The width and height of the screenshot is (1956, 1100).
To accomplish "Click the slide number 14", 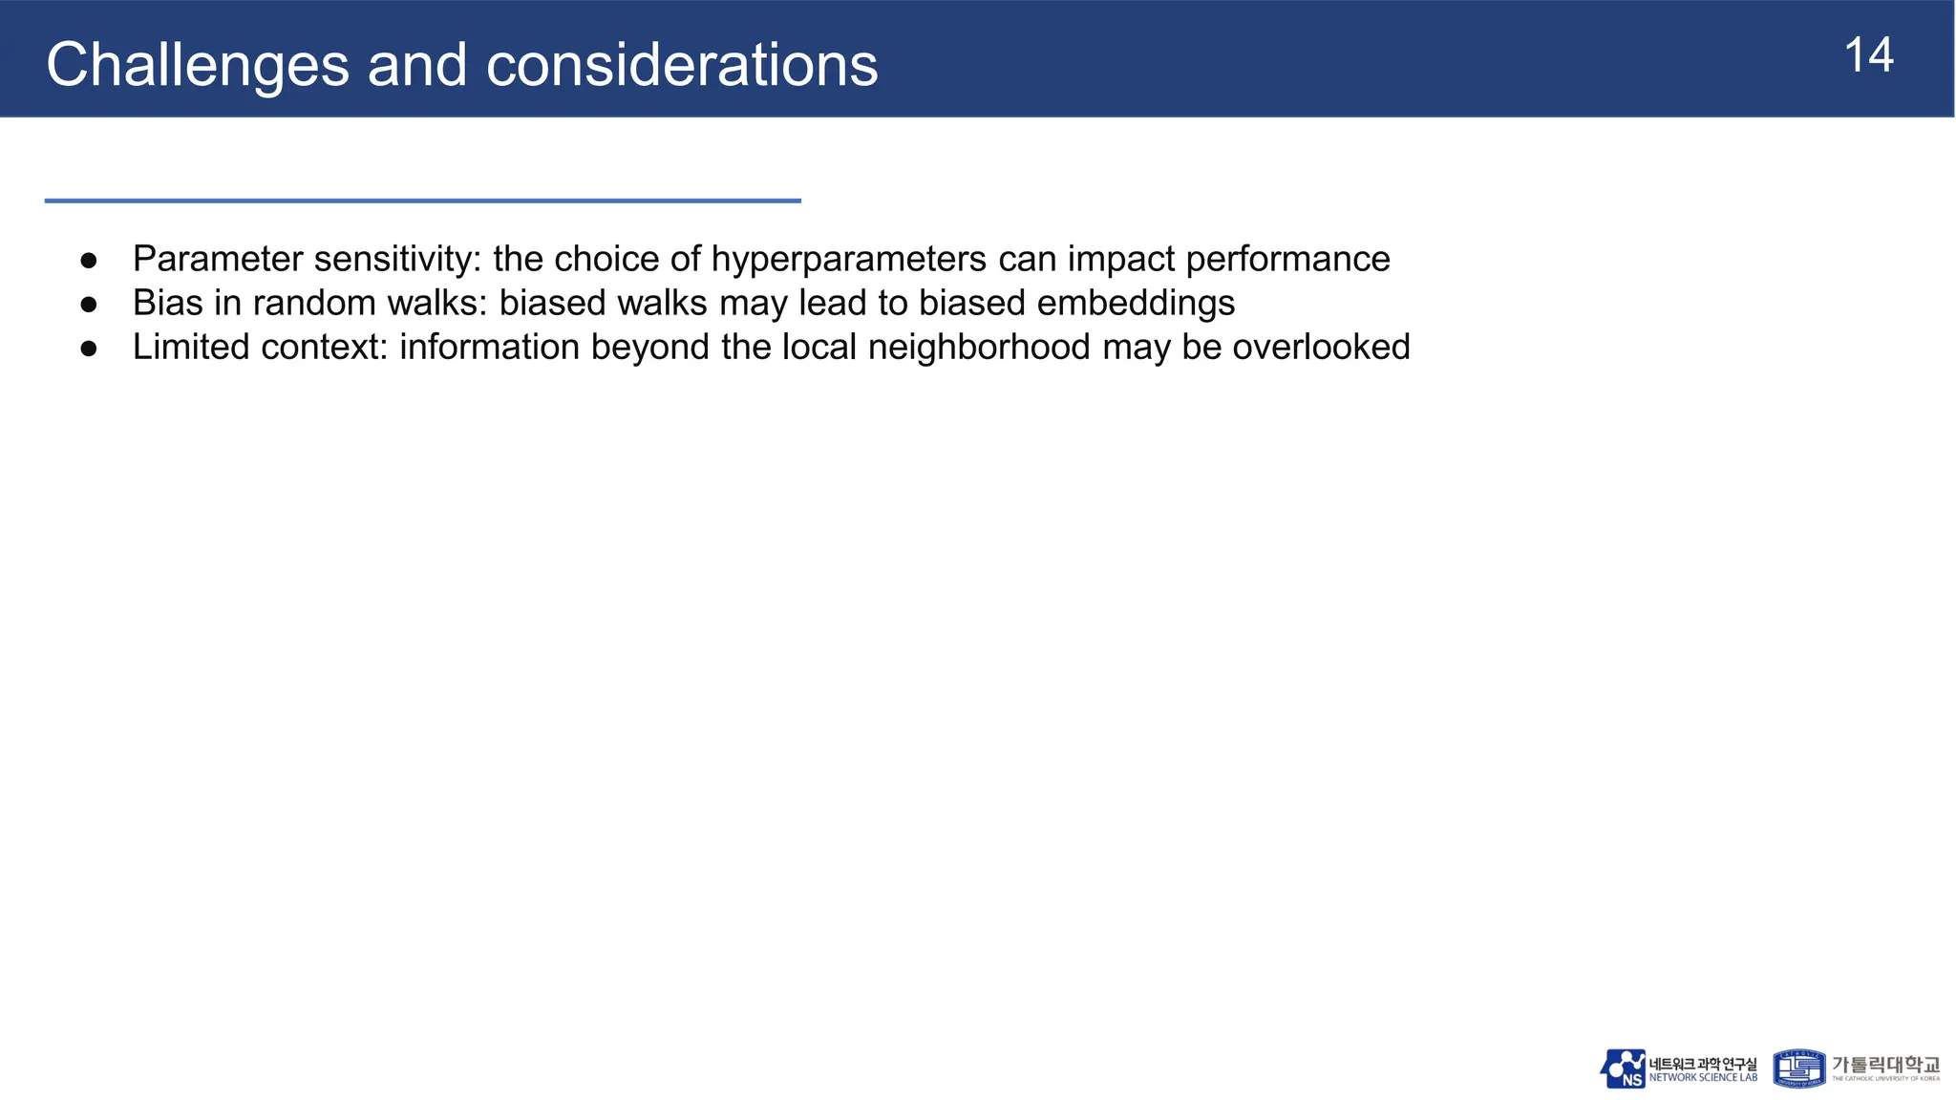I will tap(1868, 55).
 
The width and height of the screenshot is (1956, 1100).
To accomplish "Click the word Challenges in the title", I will tap(197, 65).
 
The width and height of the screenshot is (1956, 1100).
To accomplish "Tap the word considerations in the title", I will tap(681, 65).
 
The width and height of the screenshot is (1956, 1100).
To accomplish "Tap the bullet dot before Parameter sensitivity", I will tap(89, 260).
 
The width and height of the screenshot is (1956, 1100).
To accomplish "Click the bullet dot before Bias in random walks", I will tap(89, 304).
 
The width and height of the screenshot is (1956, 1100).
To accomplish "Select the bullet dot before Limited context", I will tap(89, 348).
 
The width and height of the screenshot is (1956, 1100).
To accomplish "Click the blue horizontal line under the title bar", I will tap(422, 201).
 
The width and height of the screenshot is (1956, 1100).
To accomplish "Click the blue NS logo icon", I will tap(1623, 1068).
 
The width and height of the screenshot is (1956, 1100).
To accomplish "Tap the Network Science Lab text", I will tap(1703, 1078).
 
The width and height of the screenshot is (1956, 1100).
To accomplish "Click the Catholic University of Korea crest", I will tap(1798, 1068).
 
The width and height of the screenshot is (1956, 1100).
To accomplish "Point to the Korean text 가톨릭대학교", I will tap(1885, 1064).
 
